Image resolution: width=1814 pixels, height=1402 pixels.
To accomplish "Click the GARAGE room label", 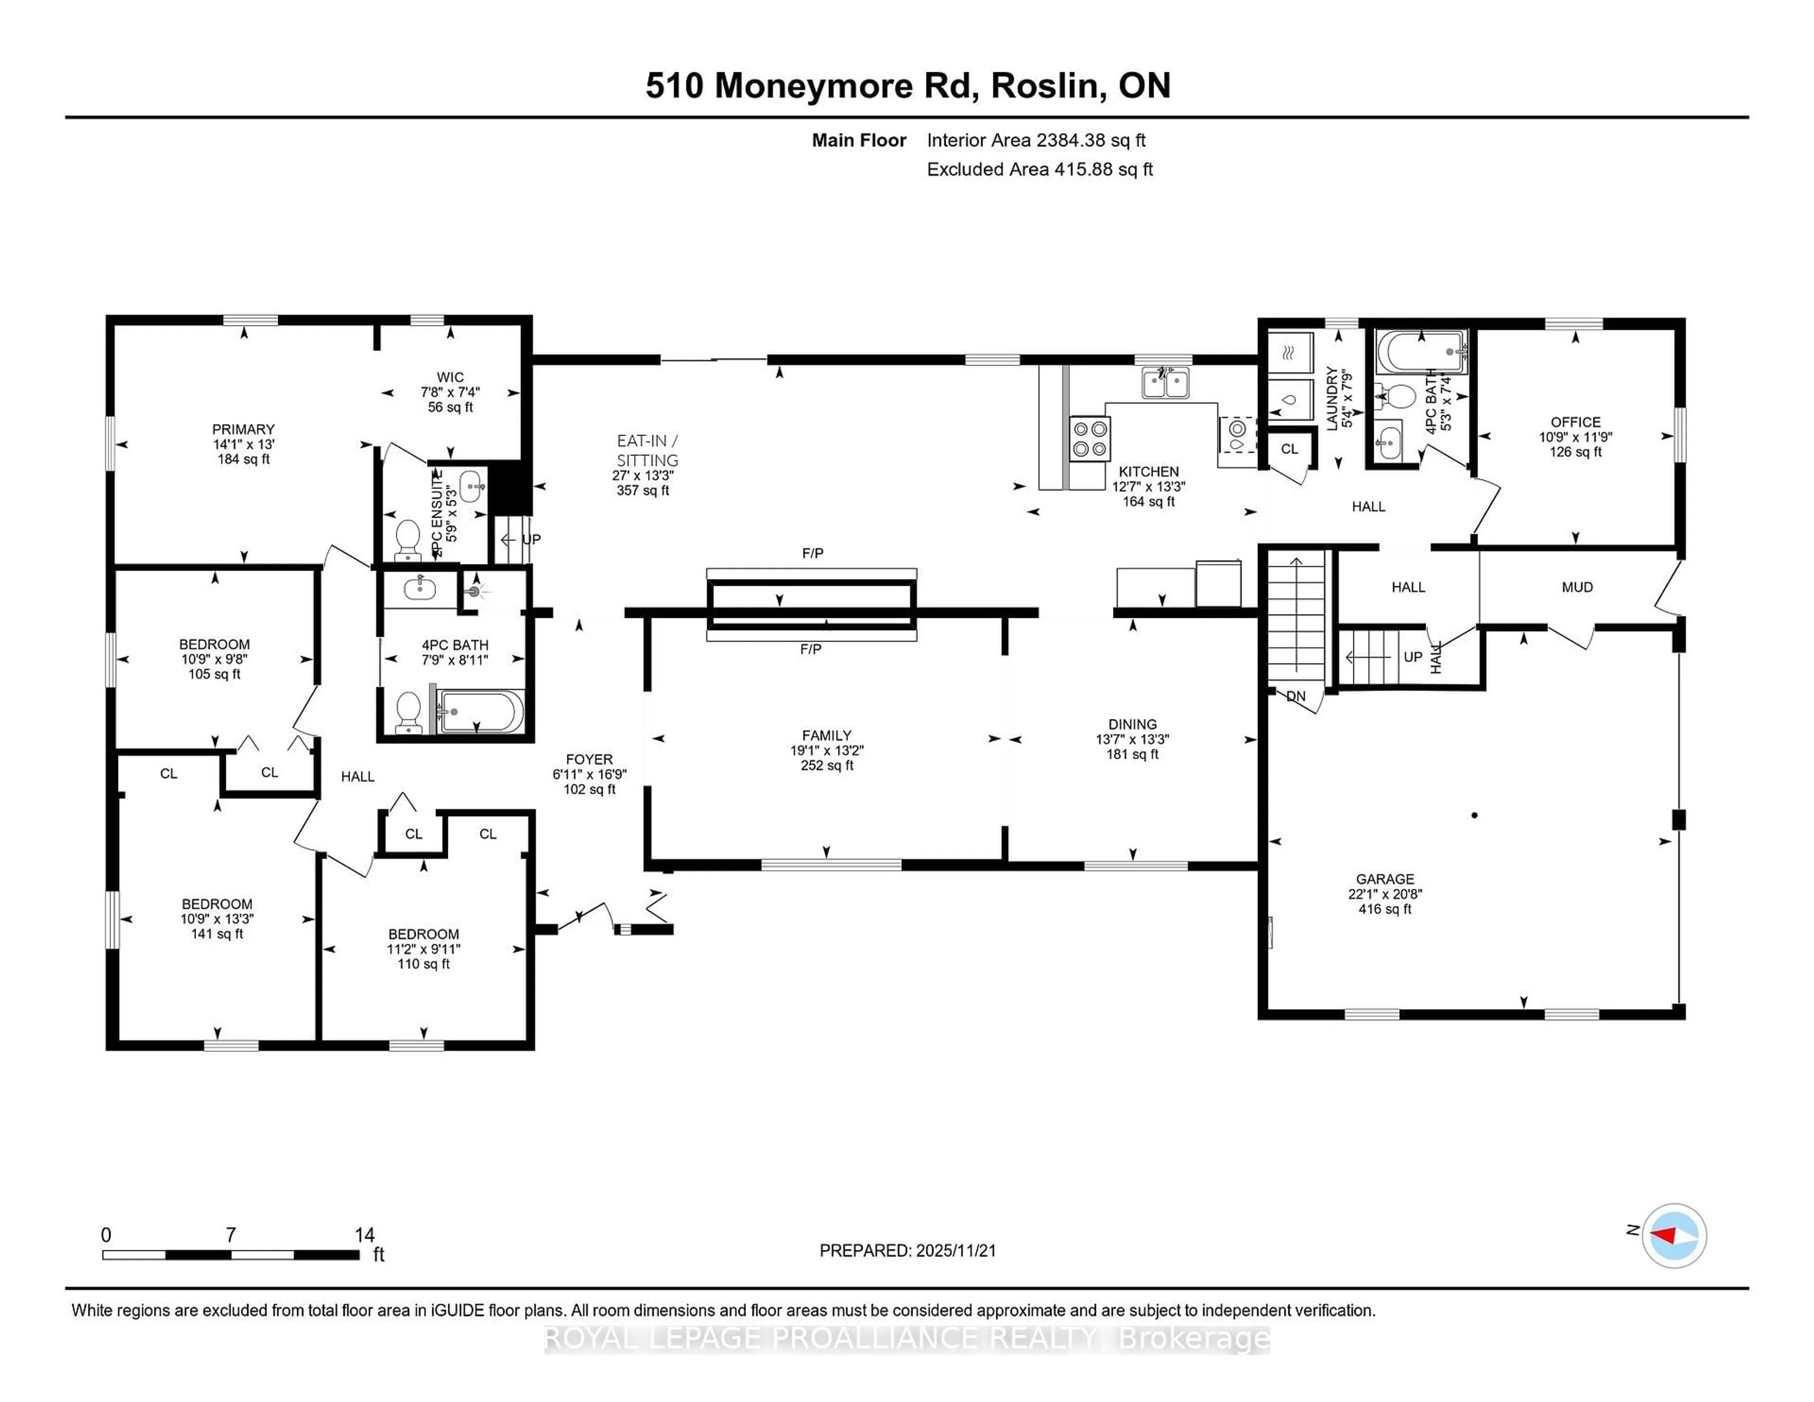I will (1385, 879).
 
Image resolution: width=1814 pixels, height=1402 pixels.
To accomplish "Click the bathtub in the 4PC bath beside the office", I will (1420, 353).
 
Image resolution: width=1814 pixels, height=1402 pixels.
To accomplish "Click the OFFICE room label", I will (1575, 422).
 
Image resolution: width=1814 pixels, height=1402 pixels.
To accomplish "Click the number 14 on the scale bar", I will (364, 1235).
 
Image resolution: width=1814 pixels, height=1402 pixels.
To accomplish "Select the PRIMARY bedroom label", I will (242, 429).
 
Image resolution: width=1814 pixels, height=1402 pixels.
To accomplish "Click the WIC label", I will (450, 377).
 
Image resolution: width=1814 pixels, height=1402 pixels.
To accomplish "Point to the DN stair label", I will (1296, 696).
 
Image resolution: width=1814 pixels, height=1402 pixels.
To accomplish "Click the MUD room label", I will (1576, 587).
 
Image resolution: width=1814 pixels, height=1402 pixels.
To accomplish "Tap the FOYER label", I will (589, 759).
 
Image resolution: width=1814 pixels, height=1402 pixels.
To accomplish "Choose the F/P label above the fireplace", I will (813, 553).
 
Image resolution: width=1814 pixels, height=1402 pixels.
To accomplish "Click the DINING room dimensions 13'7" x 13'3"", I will (1132, 739).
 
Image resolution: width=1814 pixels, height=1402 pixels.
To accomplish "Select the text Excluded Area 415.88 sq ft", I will (1039, 170).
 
